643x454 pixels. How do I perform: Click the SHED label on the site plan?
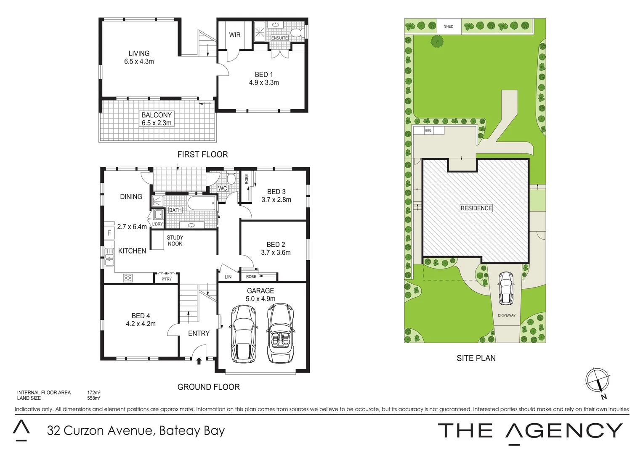click(x=449, y=26)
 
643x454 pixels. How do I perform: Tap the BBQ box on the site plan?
click(x=428, y=130)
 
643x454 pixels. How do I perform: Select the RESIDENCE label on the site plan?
click(x=476, y=208)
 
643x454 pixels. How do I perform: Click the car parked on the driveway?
click(x=505, y=288)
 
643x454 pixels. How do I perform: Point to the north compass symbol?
click(x=598, y=381)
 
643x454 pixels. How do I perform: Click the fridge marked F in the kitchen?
click(x=109, y=233)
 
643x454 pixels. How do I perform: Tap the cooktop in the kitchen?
click(x=128, y=277)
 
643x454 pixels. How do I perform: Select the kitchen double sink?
click(x=109, y=256)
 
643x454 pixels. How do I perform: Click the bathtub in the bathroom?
click(x=201, y=204)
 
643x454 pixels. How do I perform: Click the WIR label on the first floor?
click(x=235, y=35)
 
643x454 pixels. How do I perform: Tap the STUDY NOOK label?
click(x=175, y=240)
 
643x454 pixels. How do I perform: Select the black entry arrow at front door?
click(x=199, y=360)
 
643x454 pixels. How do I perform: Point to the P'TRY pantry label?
click(x=167, y=279)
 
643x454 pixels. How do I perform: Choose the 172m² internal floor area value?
click(x=93, y=393)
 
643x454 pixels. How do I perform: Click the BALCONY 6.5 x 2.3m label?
click(x=157, y=119)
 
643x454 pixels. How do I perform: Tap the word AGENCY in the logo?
click(x=564, y=431)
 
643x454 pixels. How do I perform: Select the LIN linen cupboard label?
click(x=228, y=277)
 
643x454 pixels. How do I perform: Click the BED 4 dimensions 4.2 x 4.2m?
click(x=141, y=324)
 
